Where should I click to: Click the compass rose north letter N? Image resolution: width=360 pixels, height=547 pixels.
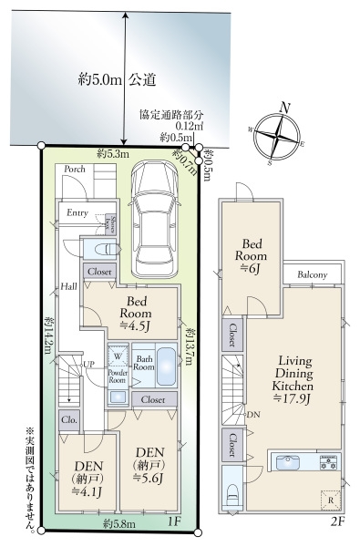[x=284, y=108]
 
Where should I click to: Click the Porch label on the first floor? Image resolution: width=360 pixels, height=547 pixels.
[x=74, y=169]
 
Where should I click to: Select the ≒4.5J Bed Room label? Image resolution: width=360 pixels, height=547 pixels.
[x=139, y=315]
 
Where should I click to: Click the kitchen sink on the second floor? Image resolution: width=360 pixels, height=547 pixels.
[x=285, y=461]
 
